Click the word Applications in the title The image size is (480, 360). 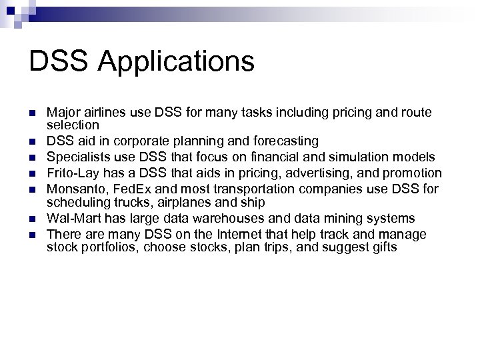[x=177, y=62]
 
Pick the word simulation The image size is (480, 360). [x=364, y=157]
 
